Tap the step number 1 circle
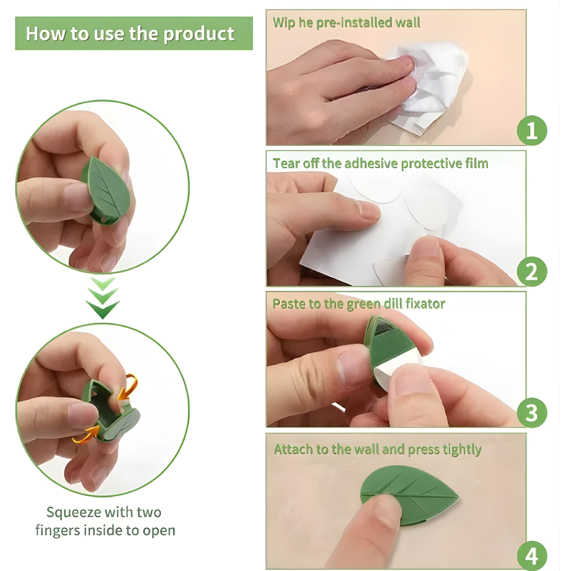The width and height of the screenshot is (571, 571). [x=532, y=130]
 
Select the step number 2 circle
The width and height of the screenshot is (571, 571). [x=532, y=271]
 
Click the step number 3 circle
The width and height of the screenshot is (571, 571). [x=532, y=413]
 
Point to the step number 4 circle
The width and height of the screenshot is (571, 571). [x=532, y=556]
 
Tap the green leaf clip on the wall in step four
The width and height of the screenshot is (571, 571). [x=420, y=492]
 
